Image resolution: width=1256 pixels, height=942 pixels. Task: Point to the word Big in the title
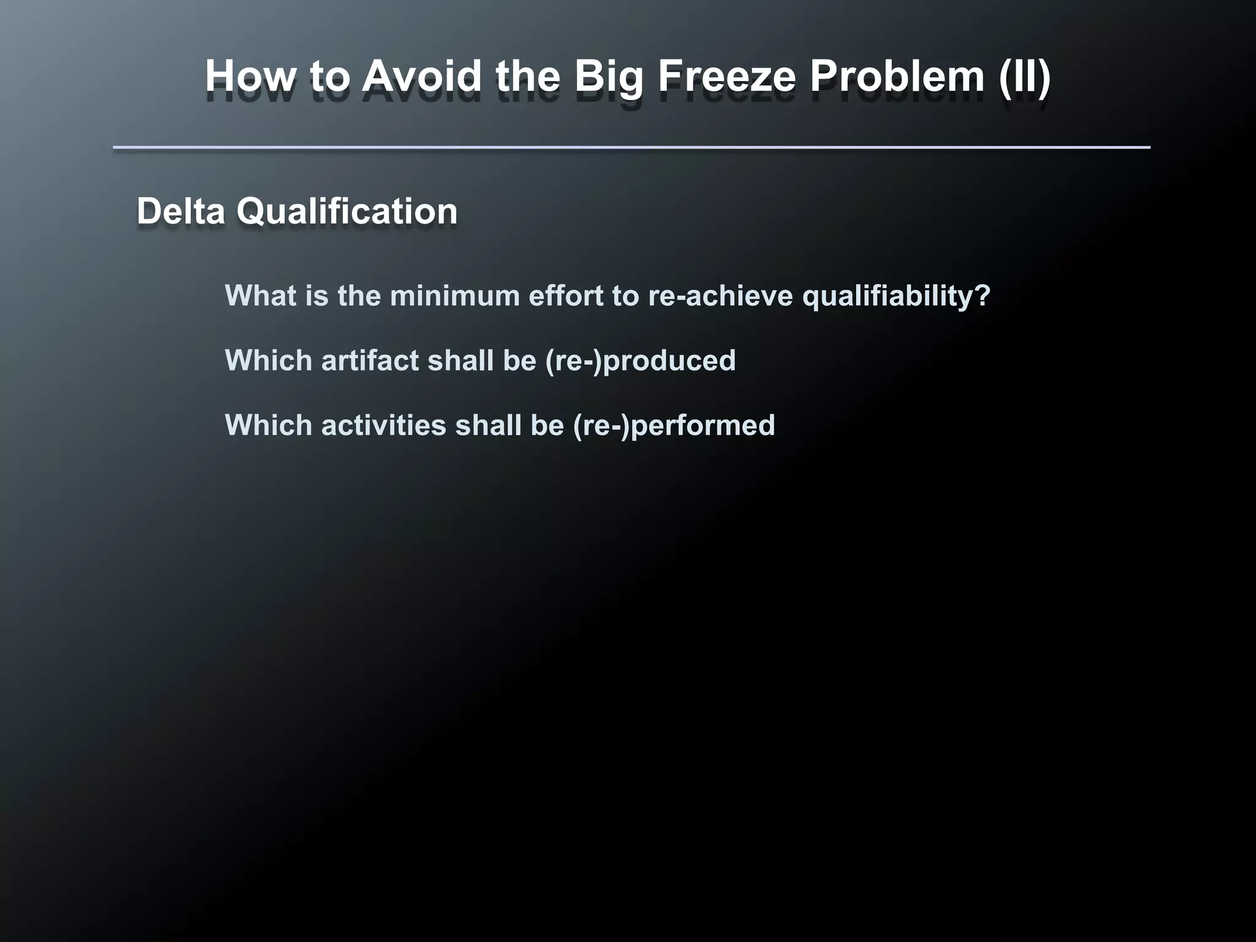[x=608, y=77]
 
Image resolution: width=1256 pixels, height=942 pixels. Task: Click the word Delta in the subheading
[x=181, y=211]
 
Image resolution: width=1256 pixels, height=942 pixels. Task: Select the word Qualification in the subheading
[x=347, y=211]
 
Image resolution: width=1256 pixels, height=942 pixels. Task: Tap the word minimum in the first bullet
[x=454, y=296]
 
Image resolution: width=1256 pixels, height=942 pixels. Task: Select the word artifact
[x=370, y=361]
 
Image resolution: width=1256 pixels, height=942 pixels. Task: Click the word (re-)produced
[x=640, y=361]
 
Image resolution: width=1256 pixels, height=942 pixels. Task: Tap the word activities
[x=383, y=425]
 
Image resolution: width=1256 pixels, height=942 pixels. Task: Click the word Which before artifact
[x=269, y=361]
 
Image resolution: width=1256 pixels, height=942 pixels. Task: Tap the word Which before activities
[x=269, y=425]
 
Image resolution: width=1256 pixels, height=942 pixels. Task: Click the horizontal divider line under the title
[x=632, y=147]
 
